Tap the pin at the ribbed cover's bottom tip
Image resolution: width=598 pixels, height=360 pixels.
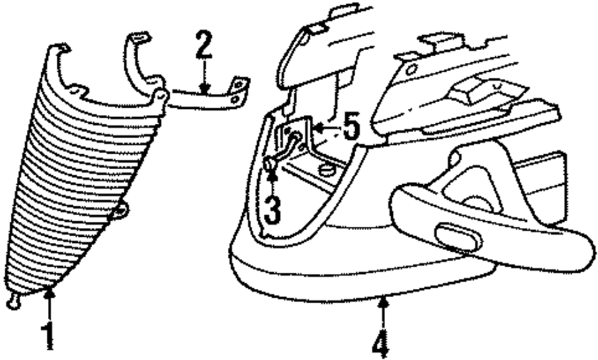[13, 303]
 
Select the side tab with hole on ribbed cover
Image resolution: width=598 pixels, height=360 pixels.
[121, 209]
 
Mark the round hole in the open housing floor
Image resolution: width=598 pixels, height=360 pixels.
[326, 170]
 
